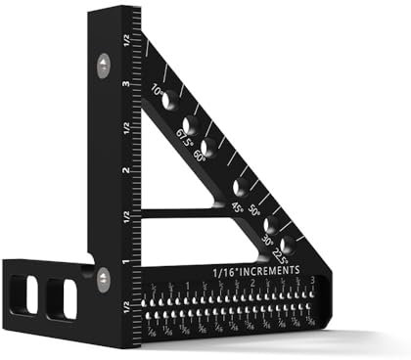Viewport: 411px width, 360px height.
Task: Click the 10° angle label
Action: pyautogui.click(x=157, y=94)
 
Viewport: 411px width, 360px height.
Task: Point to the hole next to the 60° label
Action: pyautogui.click(x=207, y=146)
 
